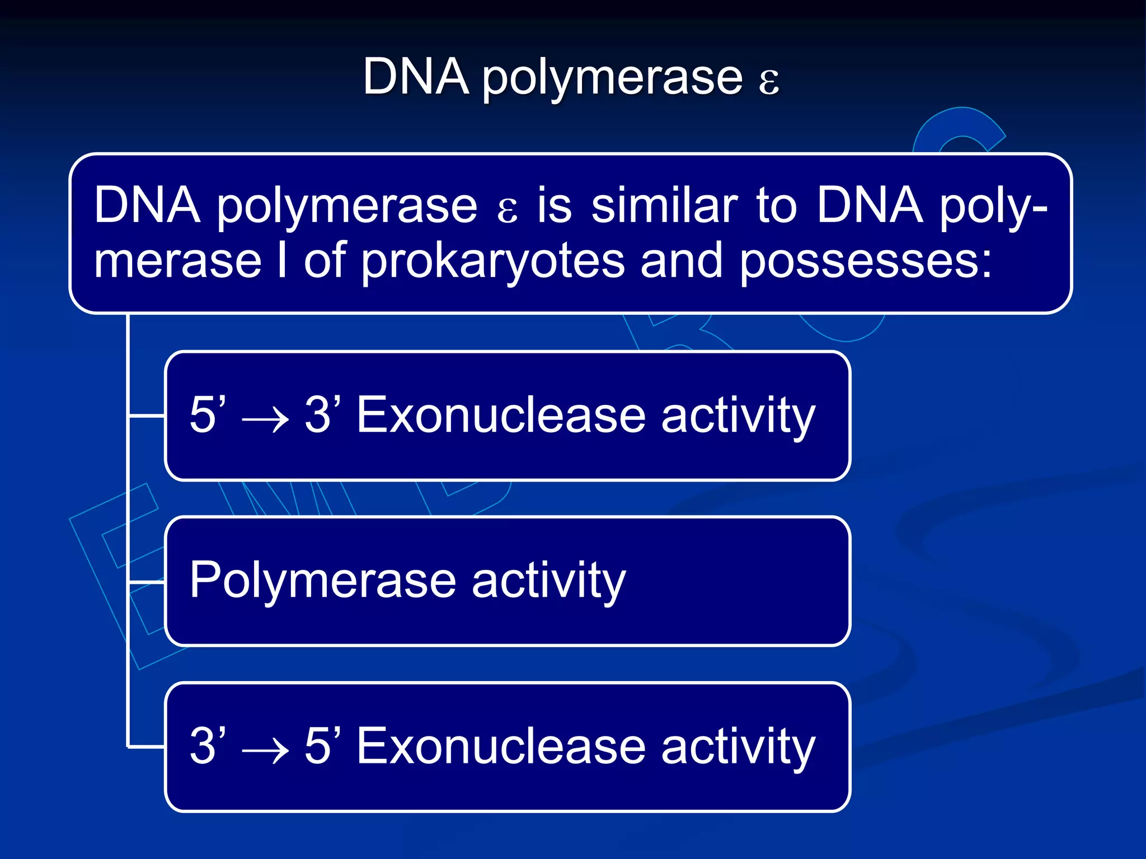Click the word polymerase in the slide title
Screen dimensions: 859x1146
[x=612, y=78]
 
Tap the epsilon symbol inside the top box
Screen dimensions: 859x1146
[x=507, y=210]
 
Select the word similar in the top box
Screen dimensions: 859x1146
[x=665, y=205]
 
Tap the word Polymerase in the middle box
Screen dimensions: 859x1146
[x=322, y=580]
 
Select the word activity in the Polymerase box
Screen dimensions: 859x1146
[x=548, y=580]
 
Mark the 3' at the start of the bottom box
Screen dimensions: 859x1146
[x=208, y=745]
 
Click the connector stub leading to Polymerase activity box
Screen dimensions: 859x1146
[x=147, y=582]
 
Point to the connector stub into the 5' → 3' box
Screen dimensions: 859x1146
[x=147, y=416]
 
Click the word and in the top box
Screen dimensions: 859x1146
[x=682, y=261]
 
